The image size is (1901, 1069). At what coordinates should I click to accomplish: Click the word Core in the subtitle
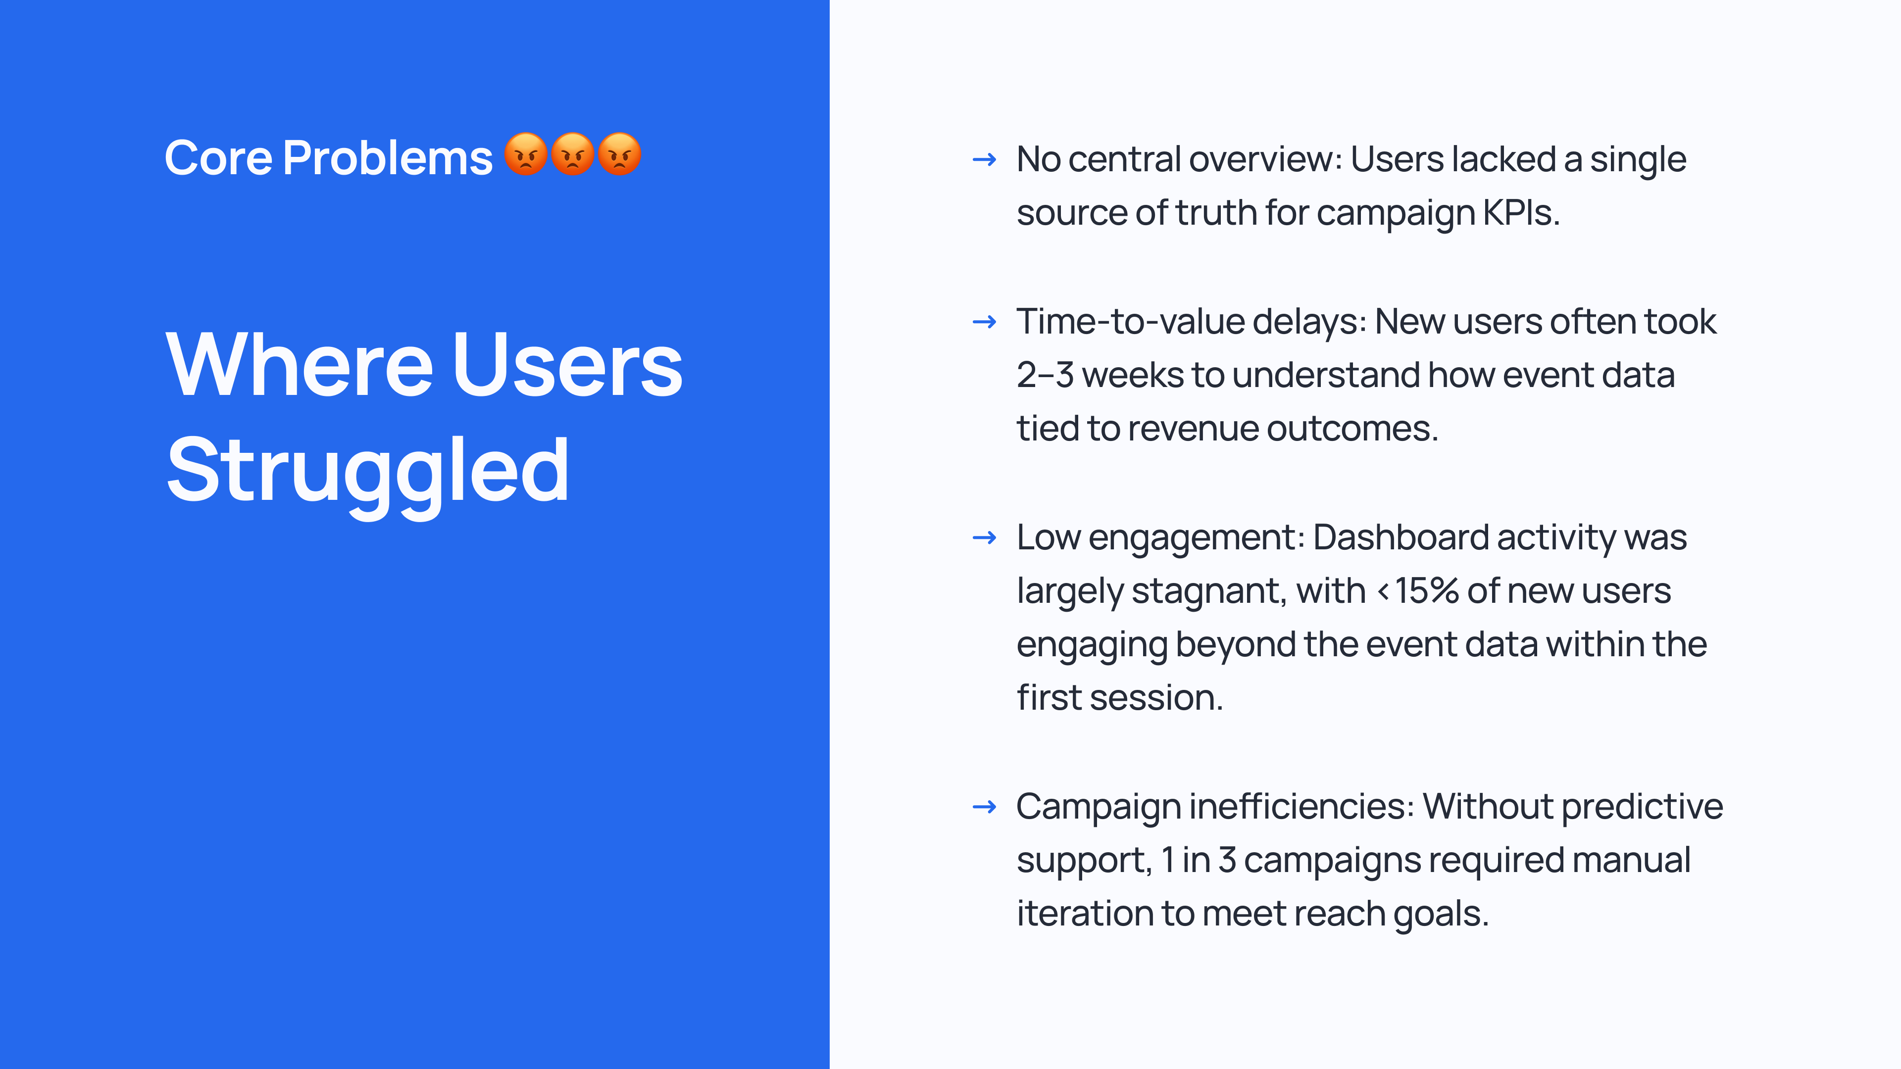218,158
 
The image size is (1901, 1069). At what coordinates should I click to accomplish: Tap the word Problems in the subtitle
388,158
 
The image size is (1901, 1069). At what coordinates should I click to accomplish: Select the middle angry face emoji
573,154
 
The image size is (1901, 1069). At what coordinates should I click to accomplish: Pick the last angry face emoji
619,154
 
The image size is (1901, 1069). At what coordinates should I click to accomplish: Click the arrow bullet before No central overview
985,159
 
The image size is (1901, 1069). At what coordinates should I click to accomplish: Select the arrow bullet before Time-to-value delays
985,322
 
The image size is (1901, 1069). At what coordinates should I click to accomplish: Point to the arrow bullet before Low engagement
985,538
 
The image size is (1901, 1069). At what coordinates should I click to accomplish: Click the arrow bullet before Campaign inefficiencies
985,807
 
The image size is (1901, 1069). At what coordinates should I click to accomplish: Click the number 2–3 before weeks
1045,375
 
